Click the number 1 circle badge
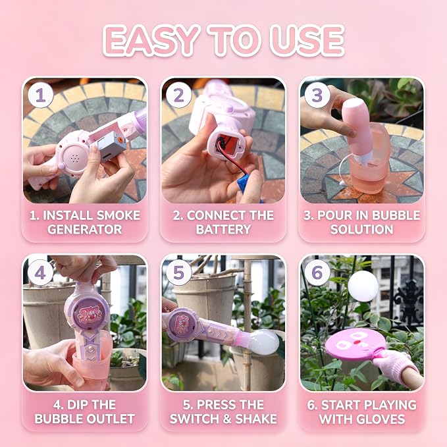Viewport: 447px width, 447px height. tap(40, 95)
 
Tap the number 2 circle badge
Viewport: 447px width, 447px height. tap(179, 95)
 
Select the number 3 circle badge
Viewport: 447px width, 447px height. tap(317, 95)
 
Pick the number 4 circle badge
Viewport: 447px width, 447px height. tap(40, 273)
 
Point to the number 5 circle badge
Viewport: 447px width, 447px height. tap(179, 273)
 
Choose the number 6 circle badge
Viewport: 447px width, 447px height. tap(317, 273)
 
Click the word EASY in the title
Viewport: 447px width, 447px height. tap(151, 40)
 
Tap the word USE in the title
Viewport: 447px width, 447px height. tap(307, 40)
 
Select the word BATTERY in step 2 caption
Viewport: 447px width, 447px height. tap(223, 230)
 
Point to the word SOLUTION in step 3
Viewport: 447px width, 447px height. tap(362, 230)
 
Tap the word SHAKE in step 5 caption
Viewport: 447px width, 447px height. tap(255, 419)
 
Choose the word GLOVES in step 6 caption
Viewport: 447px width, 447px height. tap(382, 419)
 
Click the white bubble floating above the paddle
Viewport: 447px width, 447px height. tap(363, 286)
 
